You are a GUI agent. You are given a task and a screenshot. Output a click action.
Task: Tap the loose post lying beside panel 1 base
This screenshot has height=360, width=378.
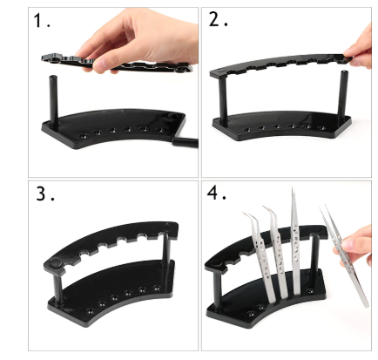[185, 143]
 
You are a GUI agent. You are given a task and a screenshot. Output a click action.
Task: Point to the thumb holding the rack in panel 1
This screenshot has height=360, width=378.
[103, 65]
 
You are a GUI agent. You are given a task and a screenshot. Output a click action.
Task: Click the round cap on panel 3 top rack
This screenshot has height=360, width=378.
[55, 263]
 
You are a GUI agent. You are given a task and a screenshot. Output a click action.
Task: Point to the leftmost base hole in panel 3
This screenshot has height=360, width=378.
[91, 311]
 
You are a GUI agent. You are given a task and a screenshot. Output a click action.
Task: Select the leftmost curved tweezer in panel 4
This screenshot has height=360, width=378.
[260, 255]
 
